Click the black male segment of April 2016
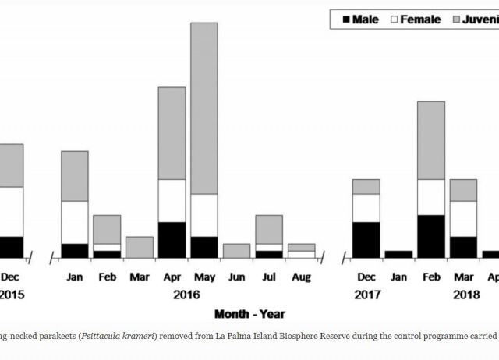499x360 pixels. tap(172, 239)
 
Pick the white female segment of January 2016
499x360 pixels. tap(75, 222)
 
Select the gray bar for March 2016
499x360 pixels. tap(140, 247)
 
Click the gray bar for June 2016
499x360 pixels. tap(236, 250)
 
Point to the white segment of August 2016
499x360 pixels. tap(301, 254)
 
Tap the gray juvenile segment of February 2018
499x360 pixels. tap(431, 140)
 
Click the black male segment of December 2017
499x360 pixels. tap(366, 239)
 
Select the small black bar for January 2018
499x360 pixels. tap(398, 254)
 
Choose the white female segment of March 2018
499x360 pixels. tap(463, 218)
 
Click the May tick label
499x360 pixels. tap(204, 277)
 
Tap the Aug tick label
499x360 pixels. tap(301, 277)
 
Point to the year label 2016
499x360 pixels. tap(188, 295)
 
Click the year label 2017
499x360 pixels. tap(366, 295)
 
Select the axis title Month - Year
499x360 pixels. tap(249, 314)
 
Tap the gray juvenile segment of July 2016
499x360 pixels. tap(269, 229)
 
